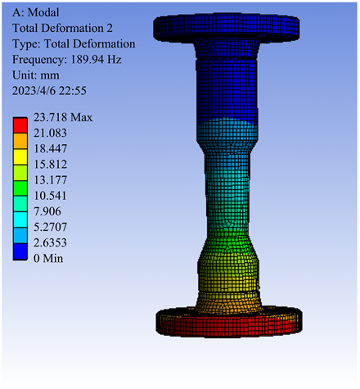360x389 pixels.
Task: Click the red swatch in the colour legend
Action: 20,125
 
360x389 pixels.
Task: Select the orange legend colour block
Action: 20,141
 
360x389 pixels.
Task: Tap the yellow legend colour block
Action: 20,156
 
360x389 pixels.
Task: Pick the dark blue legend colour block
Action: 20,251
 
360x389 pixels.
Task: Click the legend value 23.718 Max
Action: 63,117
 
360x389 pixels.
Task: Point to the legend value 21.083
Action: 50,133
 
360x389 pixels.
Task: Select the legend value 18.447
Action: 50,149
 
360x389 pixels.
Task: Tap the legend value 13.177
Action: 50,180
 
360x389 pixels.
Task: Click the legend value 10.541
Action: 50,196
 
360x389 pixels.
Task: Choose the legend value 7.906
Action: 47,211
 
